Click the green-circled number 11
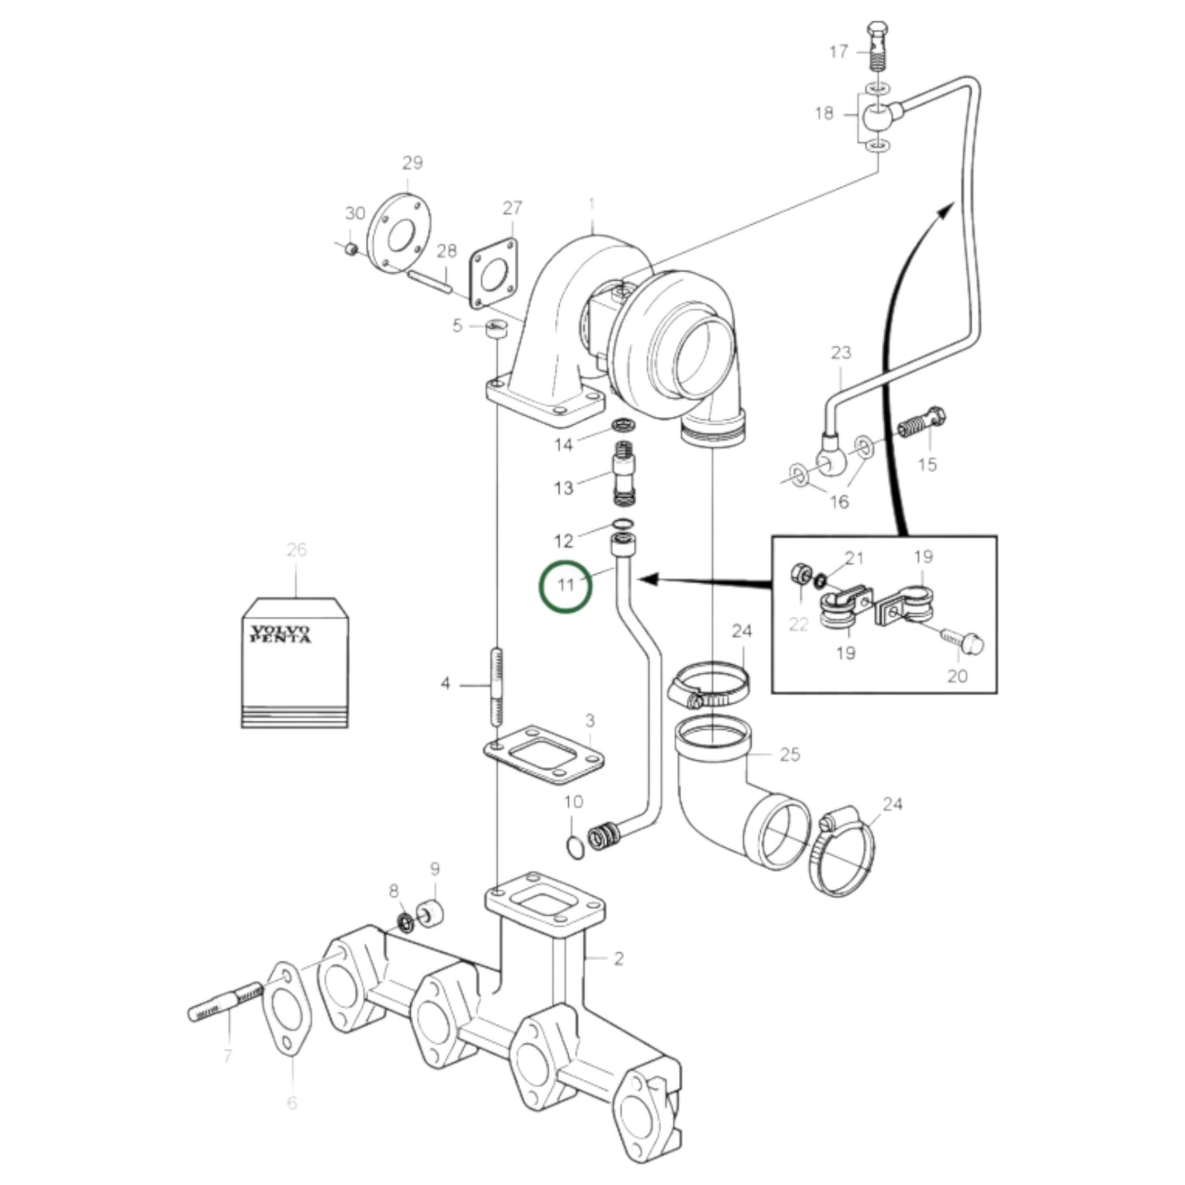(x=565, y=586)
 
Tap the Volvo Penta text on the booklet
(x=281, y=634)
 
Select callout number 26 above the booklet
(x=297, y=549)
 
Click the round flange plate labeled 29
(x=398, y=232)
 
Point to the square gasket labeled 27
(x=494, y=273)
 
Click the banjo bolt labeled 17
(x=876, y=45)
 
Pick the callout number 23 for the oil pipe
(x=841, y=353)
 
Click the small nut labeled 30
(x=349, y=248)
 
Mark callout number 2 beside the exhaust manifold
(x=618, y=958)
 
